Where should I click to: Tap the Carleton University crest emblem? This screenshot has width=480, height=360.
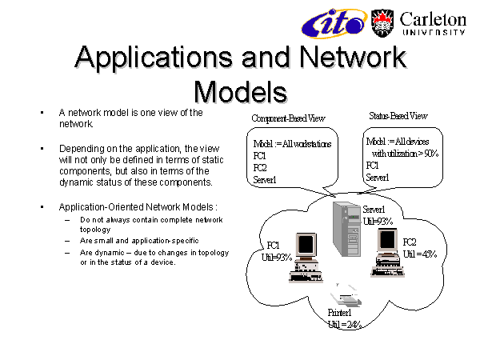[382, 22]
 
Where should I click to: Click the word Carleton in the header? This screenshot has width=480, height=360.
[431, 18]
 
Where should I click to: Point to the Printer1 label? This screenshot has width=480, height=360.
[343, 313]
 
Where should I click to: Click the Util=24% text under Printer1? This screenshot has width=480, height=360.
[345, 324]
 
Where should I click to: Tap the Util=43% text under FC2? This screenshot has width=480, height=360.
[419, 254]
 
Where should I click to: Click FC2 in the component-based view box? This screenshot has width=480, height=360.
[259, 169]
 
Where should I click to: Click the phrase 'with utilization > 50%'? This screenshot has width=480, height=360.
[405, 153]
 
